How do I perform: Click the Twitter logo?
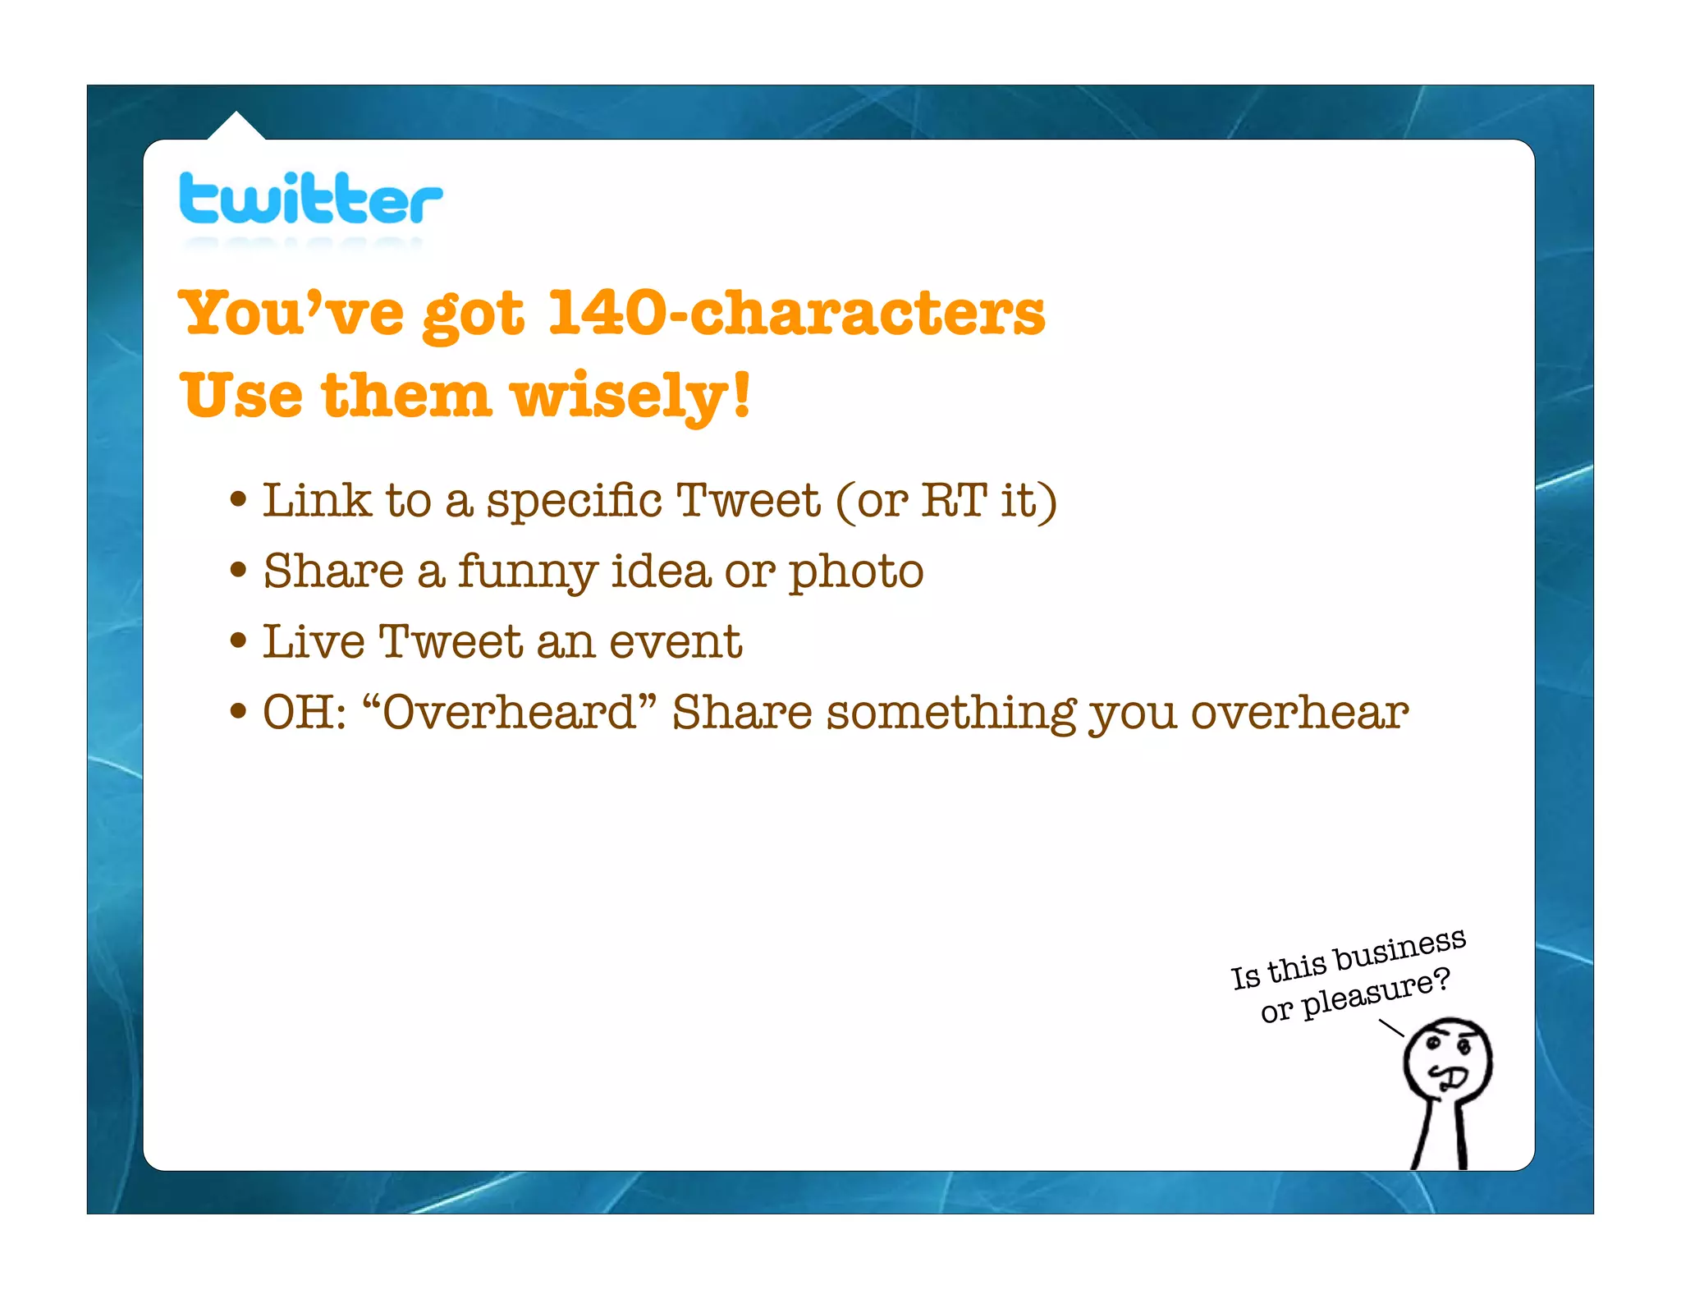coord(310,200)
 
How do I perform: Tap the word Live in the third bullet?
coord(313,641)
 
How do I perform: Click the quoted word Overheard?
coord(510,712)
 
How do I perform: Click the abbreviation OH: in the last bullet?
coord(305,712)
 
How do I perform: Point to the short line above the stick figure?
coord(1391,1028)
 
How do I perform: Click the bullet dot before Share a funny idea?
coord(239,569)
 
